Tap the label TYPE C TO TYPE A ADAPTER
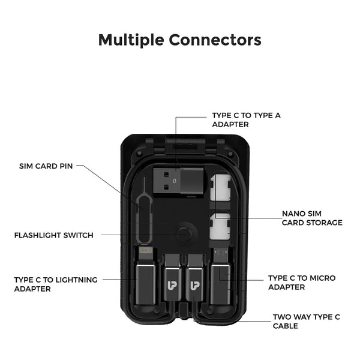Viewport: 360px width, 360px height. point(246,119)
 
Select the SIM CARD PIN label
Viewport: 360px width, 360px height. point(46,166)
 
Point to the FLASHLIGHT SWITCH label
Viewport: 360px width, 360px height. point(53,235)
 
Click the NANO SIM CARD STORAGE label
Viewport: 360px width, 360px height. point(312,218)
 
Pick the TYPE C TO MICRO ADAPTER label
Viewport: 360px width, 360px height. point(301,283)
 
